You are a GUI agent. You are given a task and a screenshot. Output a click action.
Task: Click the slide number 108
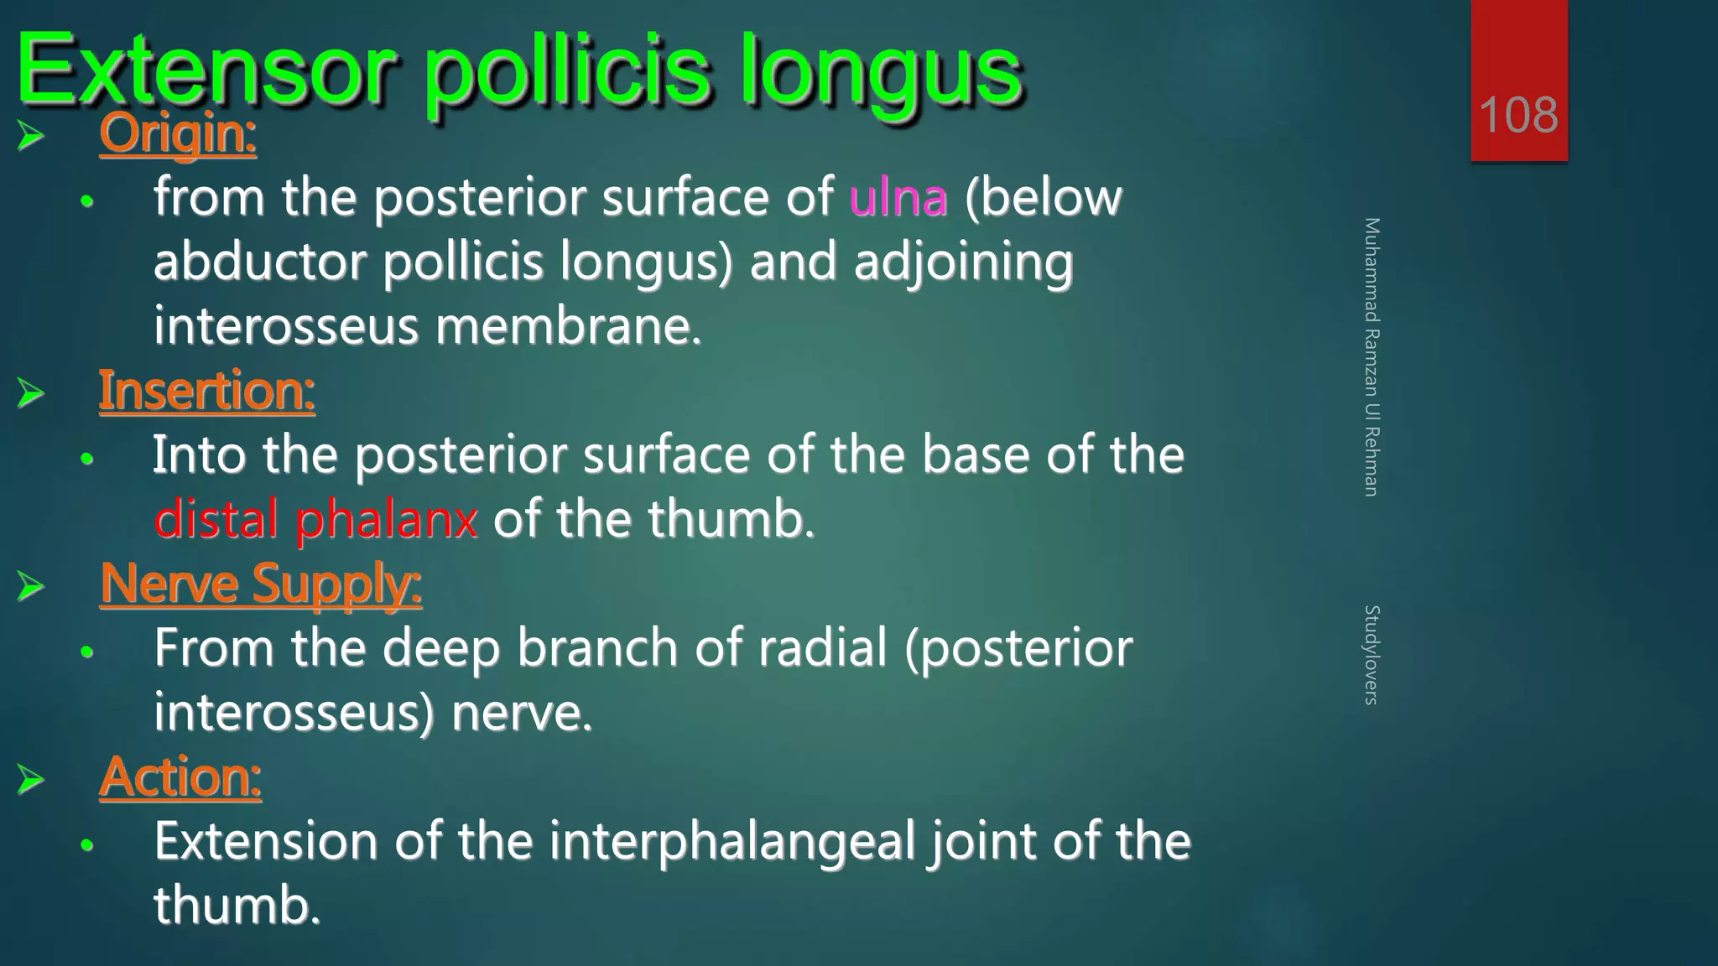(x=1518, y=115)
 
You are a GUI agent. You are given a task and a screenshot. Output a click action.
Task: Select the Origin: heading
(x=177, y=133)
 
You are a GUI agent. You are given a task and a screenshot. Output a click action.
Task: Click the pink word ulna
(x=898, y=198)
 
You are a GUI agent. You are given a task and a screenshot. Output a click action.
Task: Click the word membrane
(x=568, y=326)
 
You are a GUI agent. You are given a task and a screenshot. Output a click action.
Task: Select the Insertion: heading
(x=206, y=391)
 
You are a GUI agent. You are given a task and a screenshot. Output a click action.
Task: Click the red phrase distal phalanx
(x=315, y=519)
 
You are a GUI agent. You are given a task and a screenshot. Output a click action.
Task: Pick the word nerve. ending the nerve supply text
(x=521, y=713)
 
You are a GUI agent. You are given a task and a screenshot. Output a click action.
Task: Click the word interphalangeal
(x=731, y=841)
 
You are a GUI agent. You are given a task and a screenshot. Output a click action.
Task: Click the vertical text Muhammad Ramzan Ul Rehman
(x=1372, y=356)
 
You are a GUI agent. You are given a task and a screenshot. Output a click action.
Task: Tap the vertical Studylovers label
(x=1372, y=654)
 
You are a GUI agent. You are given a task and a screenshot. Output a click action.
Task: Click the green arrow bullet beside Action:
(x=31, y=779)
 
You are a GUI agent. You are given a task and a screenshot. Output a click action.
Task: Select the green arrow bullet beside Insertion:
(x=31, y=393)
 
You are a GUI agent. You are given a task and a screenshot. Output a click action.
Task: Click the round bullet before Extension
(x=86, y=845)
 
